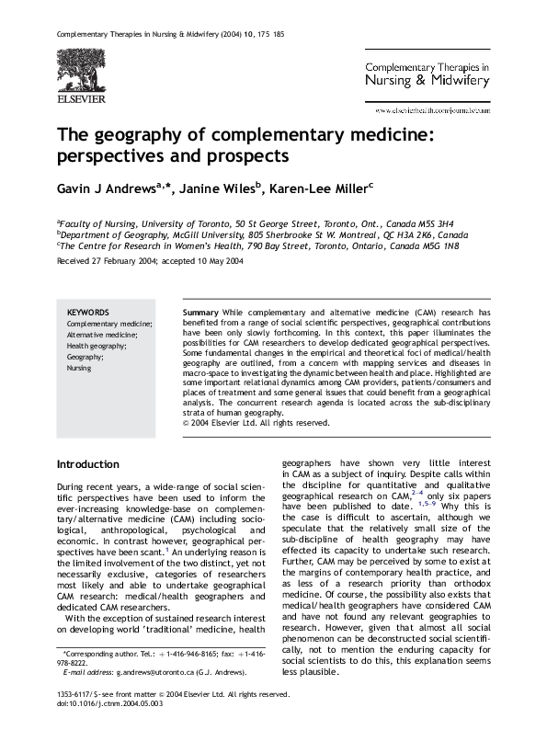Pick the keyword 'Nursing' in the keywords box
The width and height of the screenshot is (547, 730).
pos(81,367)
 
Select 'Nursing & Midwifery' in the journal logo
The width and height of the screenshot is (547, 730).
pos(428,81)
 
